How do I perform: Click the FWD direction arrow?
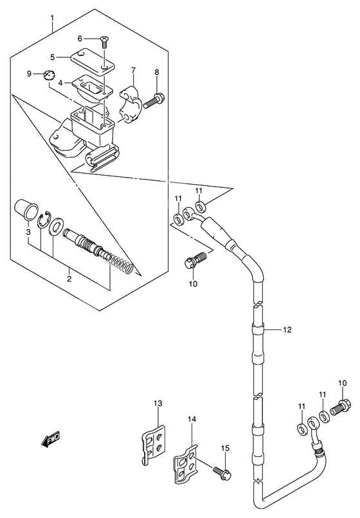click(x=51, y=439)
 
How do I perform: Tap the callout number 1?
click(x=52, y=17)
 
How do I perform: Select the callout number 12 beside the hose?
click(x=287, y=329)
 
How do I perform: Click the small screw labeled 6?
click(x=105, y=42)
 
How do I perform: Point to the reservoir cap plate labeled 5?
click(x=93, y=61)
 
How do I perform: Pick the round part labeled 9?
click(x=50, y=75)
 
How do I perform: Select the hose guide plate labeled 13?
click(x=152, y=445)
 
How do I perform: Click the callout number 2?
click(x=69, y=279)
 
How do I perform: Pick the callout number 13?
click(x=158, y=403)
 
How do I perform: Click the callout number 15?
click(x=225, y=449)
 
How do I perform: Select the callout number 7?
click(x=133, y=70)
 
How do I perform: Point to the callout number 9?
click(x=29, y=73)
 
